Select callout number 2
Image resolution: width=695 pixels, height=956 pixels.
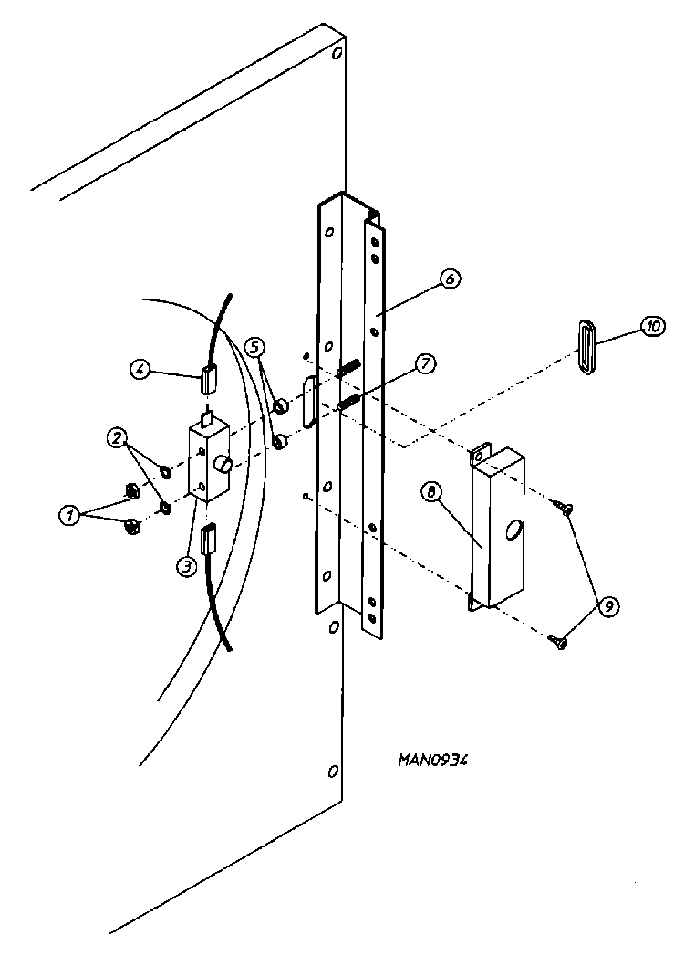[117, 437]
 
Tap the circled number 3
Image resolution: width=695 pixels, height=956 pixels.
[186, 566]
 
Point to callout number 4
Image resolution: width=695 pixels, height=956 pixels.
[140, 370]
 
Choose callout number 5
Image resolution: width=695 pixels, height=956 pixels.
[255, 347]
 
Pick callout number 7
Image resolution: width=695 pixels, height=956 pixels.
[424, 363]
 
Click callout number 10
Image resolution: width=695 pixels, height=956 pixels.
[653, 326]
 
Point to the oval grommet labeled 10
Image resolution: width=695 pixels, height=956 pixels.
[586, 346]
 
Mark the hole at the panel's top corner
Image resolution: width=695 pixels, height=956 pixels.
[336, 53]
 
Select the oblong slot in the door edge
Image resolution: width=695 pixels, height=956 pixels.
[309, 401]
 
